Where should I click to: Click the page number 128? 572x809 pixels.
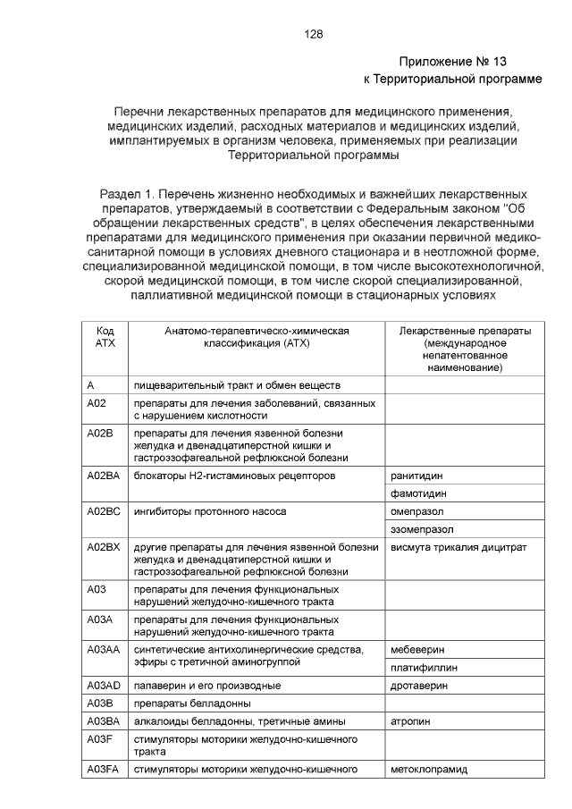pyautogui.click(x=313, y=34)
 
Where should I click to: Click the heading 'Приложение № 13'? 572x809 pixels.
pyautogui.click(x=452, y=62)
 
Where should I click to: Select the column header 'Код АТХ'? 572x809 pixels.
pyautogui.click(x=105, y=337)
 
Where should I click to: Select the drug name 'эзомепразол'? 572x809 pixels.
pyautogui.click(x=422, y=529)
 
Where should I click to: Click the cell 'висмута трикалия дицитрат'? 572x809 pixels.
pyautogui.click(x=458, y=546)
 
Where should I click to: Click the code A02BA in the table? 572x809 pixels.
pyautogui.click(x=104, y=476)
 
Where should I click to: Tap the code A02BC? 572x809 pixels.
pyautogui.click(x=104, y=511)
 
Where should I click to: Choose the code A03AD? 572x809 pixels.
pyautogui.click(x=104, y=686)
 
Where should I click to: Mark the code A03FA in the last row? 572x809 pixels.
pyautogui.click(x=104, y=769)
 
